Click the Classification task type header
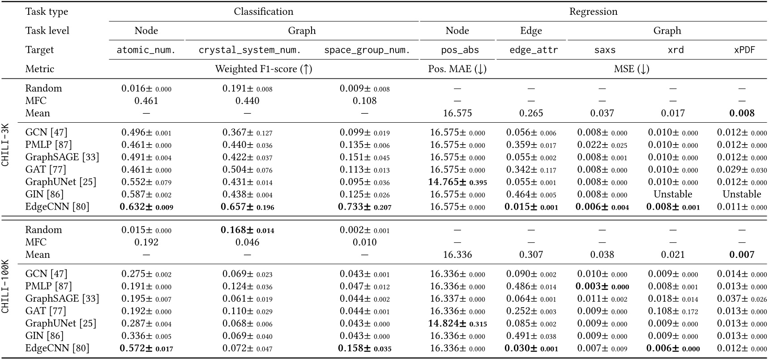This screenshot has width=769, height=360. [263, 12]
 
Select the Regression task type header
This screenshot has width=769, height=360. [593, 12]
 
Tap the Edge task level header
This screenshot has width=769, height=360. [531, 30]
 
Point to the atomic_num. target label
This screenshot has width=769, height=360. [146, 50]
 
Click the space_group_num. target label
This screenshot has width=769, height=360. [367, 50]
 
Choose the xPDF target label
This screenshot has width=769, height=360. [744, 50]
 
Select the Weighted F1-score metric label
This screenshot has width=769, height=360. [264, 69]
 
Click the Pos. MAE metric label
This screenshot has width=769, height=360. [457, 69]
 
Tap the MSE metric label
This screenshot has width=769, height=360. [631, 69]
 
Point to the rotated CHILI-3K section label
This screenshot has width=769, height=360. [6, 146]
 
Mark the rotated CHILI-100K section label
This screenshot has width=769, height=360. [6, 286]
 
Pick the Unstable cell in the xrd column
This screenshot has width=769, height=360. [673, 194]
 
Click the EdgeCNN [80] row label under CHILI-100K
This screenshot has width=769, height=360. [57, 348]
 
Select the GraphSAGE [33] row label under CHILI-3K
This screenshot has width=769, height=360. [62, 157]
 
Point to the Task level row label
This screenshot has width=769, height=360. [47, 30]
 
